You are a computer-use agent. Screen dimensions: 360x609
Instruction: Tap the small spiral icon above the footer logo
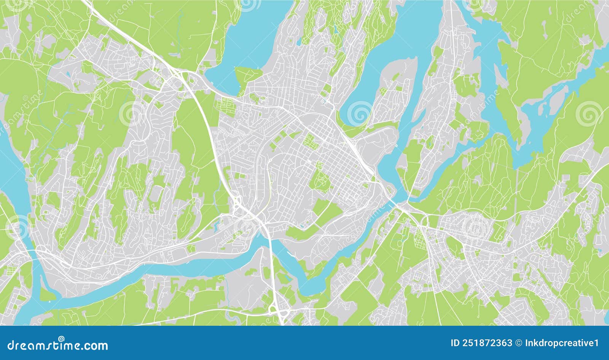click(61, 339)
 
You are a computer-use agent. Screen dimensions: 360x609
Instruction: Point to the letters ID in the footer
click(455, 343)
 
